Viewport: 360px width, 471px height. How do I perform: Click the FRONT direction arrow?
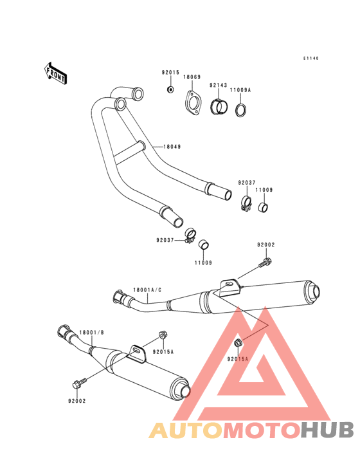click(x=55, y=73)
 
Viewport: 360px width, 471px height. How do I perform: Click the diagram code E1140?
click(x=310, y=59)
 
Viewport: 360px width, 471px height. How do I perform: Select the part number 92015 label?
click(x=170, y=73)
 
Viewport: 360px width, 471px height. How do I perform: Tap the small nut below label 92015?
click(x=170, y=89)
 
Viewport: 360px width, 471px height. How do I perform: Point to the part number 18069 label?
click(x=192, y=77)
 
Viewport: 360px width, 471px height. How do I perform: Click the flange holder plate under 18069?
click(x=193, y=102)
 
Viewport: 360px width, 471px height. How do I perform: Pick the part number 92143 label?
click(x=219, y=86)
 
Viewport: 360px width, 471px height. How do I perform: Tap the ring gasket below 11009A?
click(x=242, y=110)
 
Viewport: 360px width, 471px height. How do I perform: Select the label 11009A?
click(x=240, y=90)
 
